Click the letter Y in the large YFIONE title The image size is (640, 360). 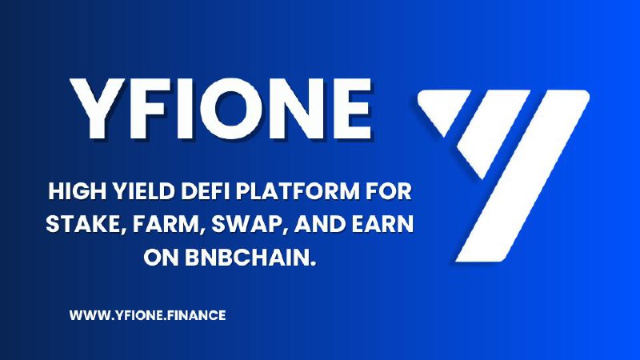(x=97, y=109)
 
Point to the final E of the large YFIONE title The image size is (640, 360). (x=352, y=109)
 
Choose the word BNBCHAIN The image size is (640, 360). (x=250, y=258)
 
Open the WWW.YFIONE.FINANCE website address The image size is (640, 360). (x=147, y=315)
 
